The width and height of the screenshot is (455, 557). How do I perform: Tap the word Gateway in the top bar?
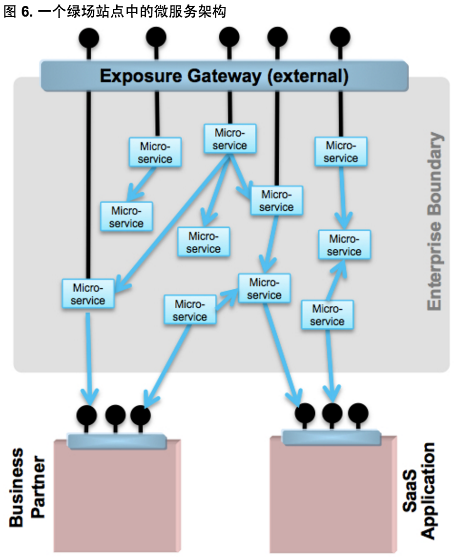pyautogui.click(x=217, y=76)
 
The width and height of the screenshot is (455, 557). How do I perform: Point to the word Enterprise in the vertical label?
pyautogui.click(x=434, y=263)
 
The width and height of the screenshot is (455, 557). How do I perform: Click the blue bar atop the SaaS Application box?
pyautogui.click(x=331, y=437)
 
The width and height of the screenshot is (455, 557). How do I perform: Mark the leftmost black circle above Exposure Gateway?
pyautogui.click(x=89, y=38)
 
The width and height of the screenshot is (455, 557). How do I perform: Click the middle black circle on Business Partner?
pyautogui.click(x=115, y=416)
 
